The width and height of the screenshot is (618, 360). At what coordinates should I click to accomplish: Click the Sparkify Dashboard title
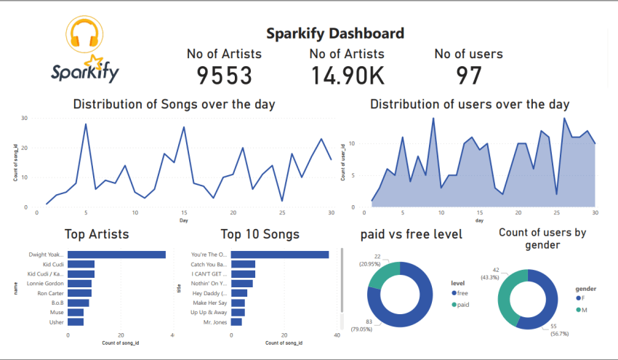pyautogui.click(x=334, y=33)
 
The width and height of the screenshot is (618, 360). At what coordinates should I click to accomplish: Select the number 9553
pyautogui.click(x=224, y=75)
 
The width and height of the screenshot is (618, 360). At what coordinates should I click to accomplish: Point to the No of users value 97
pyautogui.click(x=468, y=75)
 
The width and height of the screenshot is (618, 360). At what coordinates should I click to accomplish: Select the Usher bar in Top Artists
pyautogui.click(x=76, y=321)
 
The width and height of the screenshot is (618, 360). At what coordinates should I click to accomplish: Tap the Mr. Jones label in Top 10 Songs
pyautogui.click(x=215, y=321)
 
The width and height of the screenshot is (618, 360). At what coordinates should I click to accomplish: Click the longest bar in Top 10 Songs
pyautogui.click(x=280, y=255)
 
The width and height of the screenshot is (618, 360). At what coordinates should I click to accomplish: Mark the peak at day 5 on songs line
pyautogui.click(x=86, y=124)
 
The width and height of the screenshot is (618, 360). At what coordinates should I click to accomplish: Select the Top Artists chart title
pyautogui.click(x=97, y=234)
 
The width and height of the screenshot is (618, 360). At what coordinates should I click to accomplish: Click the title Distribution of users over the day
pyautogui.click(x=470, y=104)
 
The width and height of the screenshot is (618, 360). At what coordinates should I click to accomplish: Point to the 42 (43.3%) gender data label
pyautogui.click(x=486, y=273)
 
